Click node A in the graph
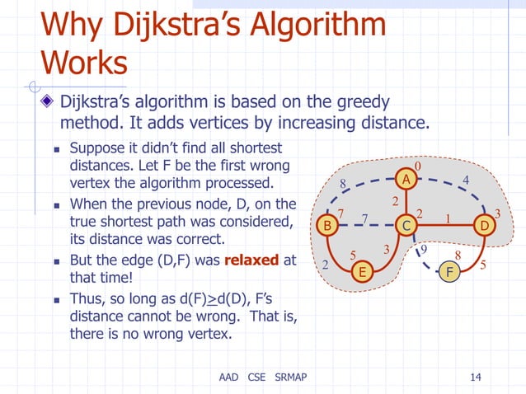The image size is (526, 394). pyautogui.click(x=406, y=179)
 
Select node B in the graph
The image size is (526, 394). pyautogui.click(x=327, y=225)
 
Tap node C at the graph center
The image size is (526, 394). pyautogui.click(x=406, y=225)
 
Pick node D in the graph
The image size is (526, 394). pyautogui.click(x=485, y=225)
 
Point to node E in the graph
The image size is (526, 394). pyautogui.click(x=360, y=272)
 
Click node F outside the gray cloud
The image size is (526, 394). pyautogui.click(x=449, y=271)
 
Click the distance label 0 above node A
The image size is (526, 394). pyautogui.click(x=418, y=167)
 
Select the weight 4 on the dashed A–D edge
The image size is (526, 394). pyautogui.click(x=466, y=180)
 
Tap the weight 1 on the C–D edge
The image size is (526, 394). pyautogui.click(x=448, y=218)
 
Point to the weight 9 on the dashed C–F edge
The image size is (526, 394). pyautogui.click(x=424, y=250)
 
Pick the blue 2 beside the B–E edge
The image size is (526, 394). pyautogui.click(x=324, y=265)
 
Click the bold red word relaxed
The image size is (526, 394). pyautogui.click(x=251, y=261)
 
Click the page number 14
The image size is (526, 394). pyautogui.click(x=475, y=378)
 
